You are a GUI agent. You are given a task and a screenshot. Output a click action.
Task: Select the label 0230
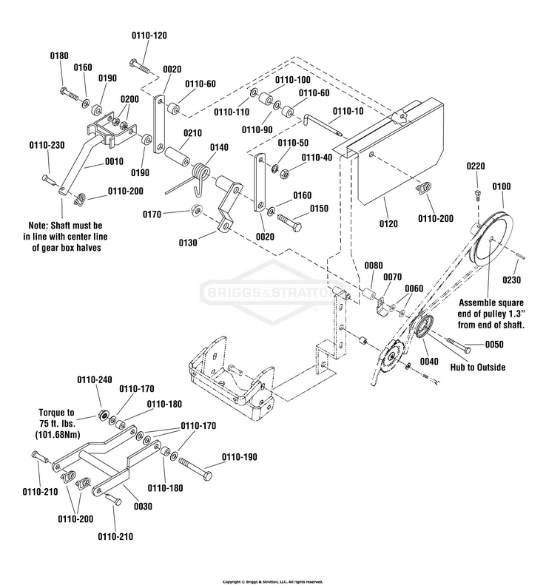[513, 280]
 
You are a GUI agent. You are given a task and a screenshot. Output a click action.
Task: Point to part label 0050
[495, 345]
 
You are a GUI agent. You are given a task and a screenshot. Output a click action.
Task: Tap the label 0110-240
[95, 379]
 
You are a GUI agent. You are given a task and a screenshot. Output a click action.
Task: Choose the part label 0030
[142, 506]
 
